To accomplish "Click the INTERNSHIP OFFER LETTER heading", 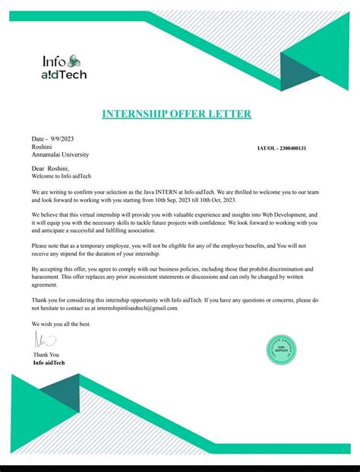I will coord(176,115).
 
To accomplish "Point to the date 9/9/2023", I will coord(62,139).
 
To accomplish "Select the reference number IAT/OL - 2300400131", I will coord(281,147).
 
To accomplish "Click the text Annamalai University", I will coord(60,154).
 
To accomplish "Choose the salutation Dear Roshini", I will coord(50,168).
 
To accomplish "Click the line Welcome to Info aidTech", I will coord(62,176).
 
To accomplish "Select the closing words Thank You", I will coord(46,355).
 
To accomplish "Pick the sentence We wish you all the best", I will coord(61,324).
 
